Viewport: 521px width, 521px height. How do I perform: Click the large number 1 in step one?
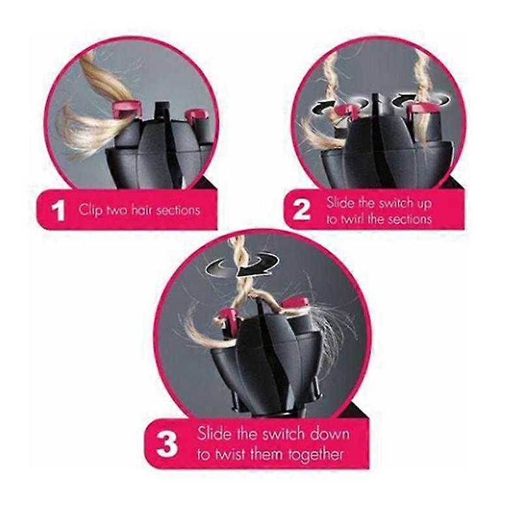point(59,210)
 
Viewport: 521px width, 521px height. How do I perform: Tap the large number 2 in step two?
point(302,209)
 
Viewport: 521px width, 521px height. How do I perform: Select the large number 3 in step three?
point(167,444)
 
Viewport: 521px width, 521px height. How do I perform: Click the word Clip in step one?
point(90,210)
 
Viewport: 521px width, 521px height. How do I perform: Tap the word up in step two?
point(424,203)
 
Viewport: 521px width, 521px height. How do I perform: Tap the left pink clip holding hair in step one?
point(127,109)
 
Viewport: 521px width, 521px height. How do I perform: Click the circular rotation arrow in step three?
point(242,264)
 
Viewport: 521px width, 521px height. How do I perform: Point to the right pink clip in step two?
point(421,110)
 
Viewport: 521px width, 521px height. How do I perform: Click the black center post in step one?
point(162,111)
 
